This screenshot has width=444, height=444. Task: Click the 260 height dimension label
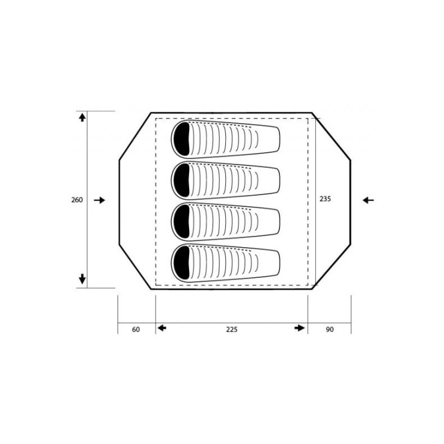pos(77,200)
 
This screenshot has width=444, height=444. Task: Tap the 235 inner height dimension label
pos(325,199)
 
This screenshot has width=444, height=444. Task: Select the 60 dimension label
pos(136,330)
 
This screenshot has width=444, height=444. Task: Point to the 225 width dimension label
pos(232,330)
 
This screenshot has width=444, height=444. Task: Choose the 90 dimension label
pos(330,330)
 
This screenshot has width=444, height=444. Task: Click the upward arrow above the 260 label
pos(82,118)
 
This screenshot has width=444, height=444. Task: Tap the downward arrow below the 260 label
pos(82,279)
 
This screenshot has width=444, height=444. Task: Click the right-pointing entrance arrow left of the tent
pos(99,200)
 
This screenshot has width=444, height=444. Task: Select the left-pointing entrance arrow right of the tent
pos(368,200)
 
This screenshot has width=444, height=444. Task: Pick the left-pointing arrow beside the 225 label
pos(162,328)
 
